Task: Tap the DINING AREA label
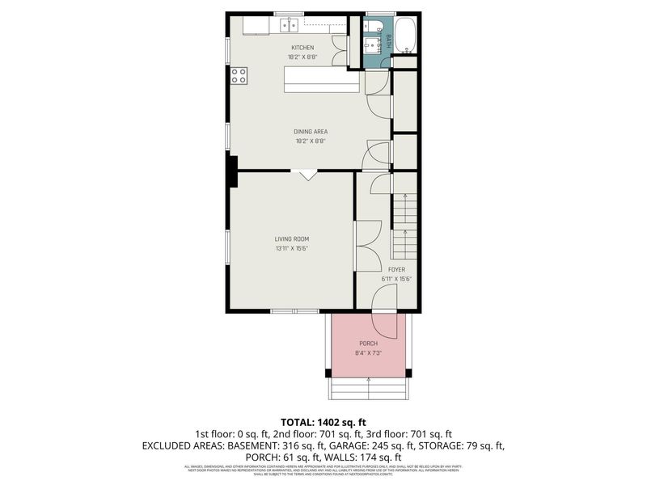pyautogui.click(x=311, y=132)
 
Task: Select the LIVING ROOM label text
pyautogui.click(x=291, y=238)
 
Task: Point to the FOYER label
pyautogui.click(x=396, y=269)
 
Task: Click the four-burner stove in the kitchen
pyautogui.click(x=239, y=76)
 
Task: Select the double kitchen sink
pyautogui.click(x=289, y=26)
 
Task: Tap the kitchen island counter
pyautogui.click(x=320, y=79)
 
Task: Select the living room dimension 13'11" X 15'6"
pyautogui.click(x=291, y=248)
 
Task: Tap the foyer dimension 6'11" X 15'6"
pyautogui.click(x=396, y=279)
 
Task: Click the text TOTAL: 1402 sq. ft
pyautogui.click(x=323, y=422)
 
